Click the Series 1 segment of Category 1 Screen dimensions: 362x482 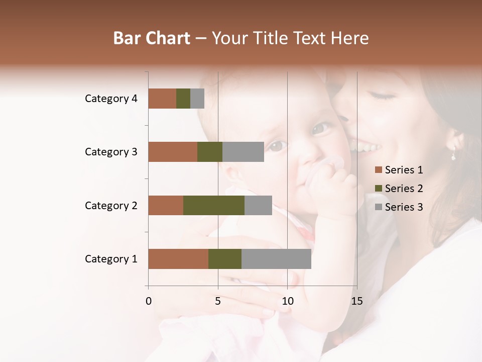(x=178, y=259)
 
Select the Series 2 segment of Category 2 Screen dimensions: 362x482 (x=214, y=205)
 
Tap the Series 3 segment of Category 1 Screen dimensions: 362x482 (x=276, y=259)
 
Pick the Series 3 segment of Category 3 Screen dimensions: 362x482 (x=243, y=152)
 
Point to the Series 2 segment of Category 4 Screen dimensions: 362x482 (x=183, y=99)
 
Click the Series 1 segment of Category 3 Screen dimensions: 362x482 (x=173, y=152)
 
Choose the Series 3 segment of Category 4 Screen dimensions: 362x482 (x=197, y=99)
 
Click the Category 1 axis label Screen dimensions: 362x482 (x=111, y=259)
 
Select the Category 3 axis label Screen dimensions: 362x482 (x=111, y=152)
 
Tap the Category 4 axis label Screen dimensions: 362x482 (x=111, y=99)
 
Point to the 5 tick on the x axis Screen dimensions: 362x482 (x=218, y=301)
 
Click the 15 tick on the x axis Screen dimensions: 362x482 (x=356, y=301)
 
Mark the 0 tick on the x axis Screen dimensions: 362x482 (x=149, y=301)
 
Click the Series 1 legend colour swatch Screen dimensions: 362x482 (x=378, y=170)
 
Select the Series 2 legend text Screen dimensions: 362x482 (x=404, y=189)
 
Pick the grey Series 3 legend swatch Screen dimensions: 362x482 (x=378, y=207)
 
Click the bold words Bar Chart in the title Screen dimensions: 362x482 (x=152, y=38)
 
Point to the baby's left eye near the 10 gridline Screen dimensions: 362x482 (x=277, y=147)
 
